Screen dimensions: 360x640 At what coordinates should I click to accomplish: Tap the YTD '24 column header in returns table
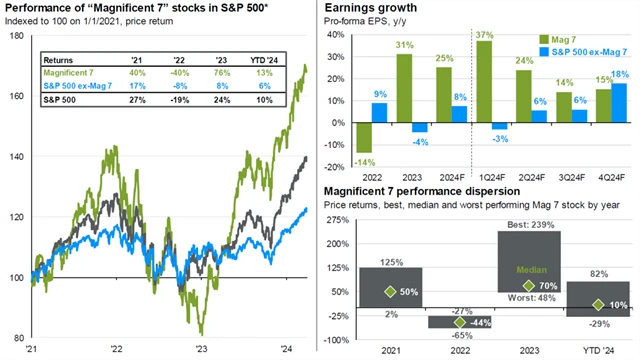coord(263,57)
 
